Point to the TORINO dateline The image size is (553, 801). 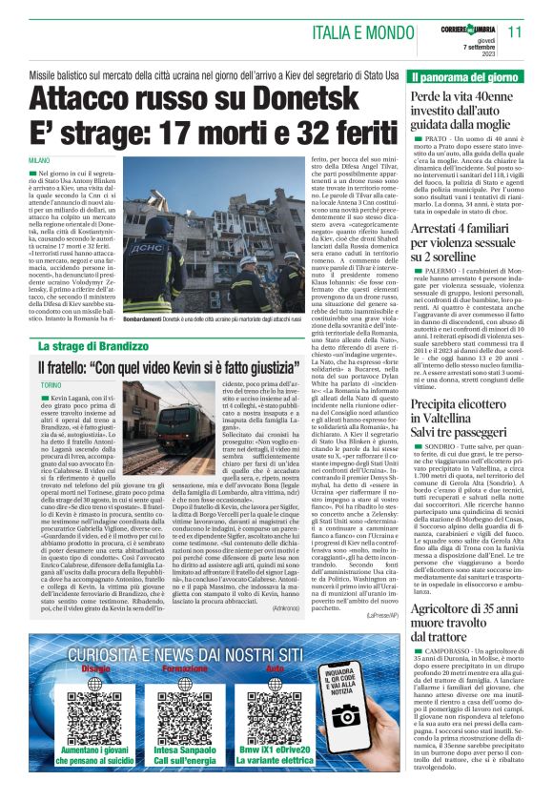51,383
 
